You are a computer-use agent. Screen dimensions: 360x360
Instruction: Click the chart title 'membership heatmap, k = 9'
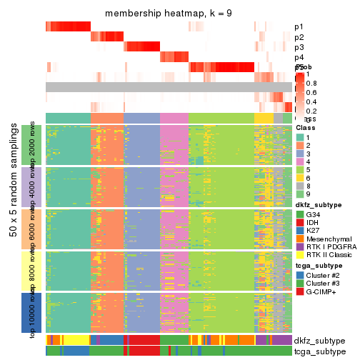168,14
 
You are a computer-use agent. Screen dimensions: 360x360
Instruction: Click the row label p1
299,27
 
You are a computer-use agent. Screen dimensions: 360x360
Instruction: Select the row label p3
299,47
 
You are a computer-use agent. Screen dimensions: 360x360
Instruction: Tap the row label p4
299,57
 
